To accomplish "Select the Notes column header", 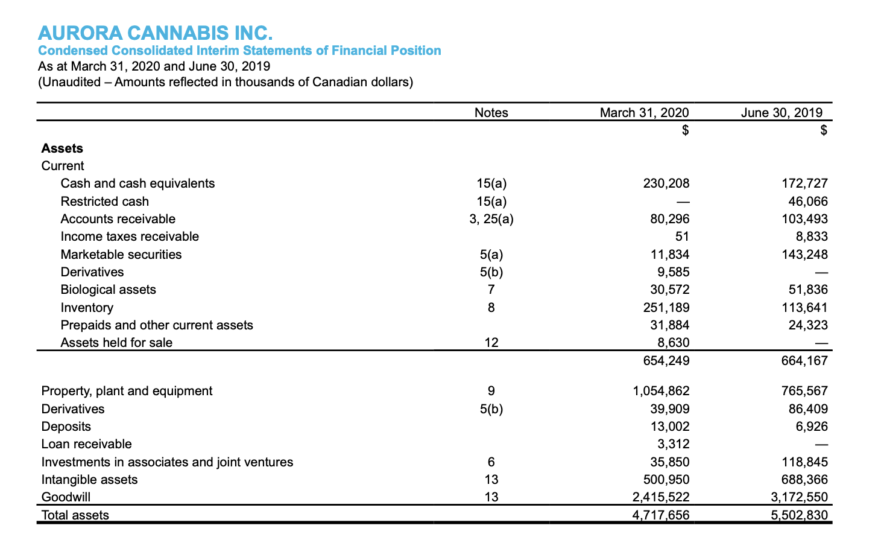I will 491,113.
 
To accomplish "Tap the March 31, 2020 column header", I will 644,113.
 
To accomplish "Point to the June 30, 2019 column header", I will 781,113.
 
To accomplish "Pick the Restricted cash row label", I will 104,202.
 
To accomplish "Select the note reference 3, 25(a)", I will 491,219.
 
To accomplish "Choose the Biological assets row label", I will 108,290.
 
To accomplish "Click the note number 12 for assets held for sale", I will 491,343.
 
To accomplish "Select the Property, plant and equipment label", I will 127,391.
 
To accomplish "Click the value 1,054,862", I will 661,391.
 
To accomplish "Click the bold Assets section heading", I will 62,148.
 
